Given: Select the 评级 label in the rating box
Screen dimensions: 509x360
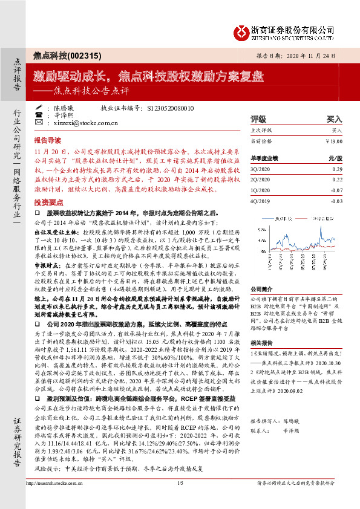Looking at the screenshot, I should (x=258, y=120).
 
